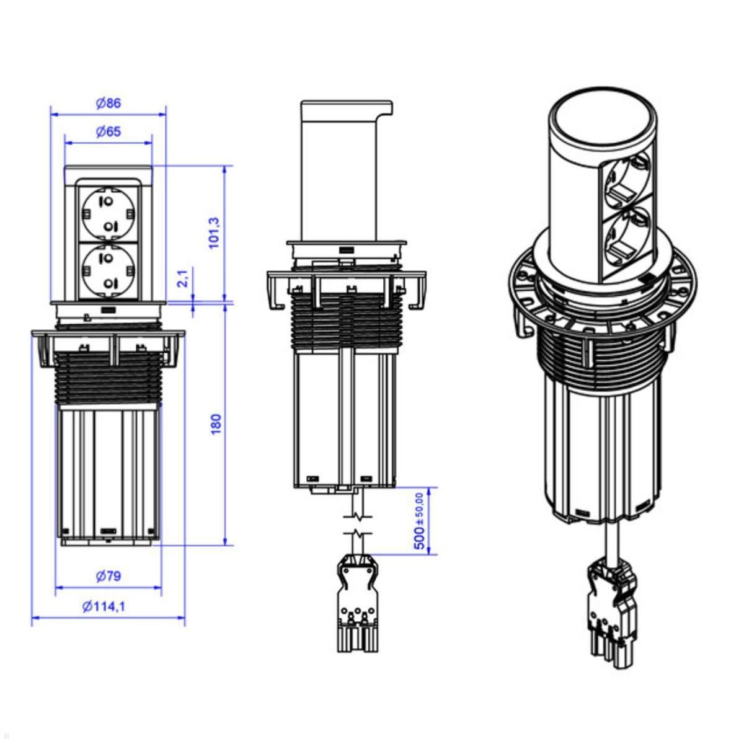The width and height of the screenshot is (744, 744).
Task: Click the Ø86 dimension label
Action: [x=108, y=104]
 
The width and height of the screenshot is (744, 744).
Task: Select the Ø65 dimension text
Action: [x=108, y=131]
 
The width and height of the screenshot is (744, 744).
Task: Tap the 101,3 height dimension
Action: [x=214, y=233]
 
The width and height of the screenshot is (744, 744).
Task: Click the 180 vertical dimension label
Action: [x=216, y=424]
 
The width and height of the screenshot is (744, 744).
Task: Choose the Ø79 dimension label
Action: [x=108, y=576]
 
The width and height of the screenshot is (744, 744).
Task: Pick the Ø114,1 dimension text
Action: [x=104, y=606]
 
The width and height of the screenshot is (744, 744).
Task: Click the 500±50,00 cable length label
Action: [x=420, y=521]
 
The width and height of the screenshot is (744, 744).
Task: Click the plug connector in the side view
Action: [x=356, y=601]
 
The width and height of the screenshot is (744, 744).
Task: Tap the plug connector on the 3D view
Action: [x=611, y=614]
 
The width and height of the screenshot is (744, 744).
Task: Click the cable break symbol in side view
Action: [x=356, y=524]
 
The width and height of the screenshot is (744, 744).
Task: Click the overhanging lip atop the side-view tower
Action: [x=386, y=108]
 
